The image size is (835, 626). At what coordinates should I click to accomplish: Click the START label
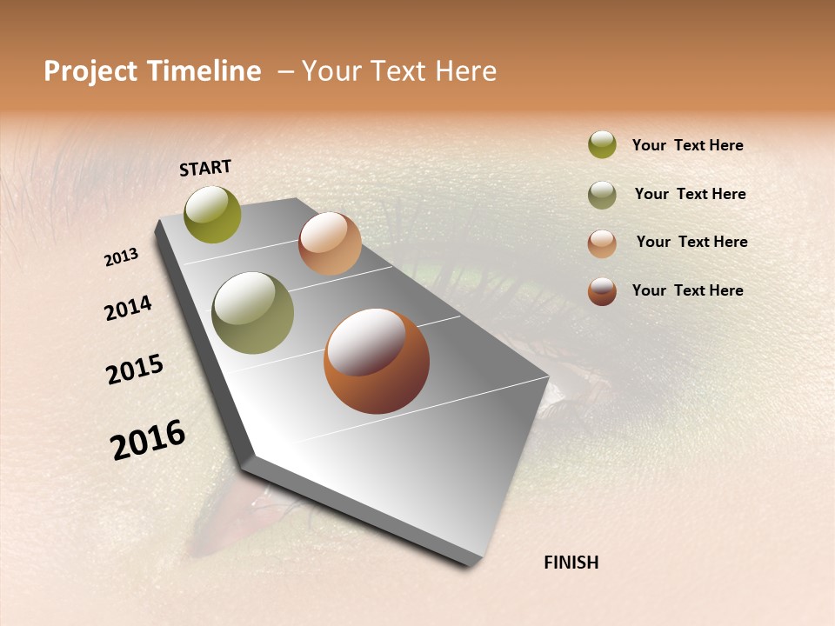click(205, 168)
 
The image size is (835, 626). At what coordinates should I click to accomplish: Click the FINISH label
click(571, 563)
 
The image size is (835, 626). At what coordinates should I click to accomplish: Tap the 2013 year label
click(122, 257)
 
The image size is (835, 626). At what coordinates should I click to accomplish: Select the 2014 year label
click(128, 309)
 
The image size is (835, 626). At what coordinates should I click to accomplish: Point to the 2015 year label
click(135, 370)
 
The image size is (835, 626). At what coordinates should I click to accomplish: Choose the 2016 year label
click(148, 439)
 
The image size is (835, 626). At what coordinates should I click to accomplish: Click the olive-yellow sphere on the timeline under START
click(213, 214)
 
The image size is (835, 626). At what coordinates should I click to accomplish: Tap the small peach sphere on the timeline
click(330, 243)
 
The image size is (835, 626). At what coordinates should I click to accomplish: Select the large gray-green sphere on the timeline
click(253, 313)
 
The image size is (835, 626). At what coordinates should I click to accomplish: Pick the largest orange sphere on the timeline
click(377, 361)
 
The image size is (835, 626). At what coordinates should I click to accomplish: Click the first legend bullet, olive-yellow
click(602, 145)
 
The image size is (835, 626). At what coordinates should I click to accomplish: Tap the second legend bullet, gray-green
click(602, 195)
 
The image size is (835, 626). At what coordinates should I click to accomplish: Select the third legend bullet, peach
click(602, 243)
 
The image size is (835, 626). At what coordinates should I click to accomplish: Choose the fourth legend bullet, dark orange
click(602, 291)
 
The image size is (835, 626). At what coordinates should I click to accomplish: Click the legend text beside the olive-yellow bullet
click(687, 145)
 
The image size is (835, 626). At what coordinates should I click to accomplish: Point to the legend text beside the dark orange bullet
click(687, 290)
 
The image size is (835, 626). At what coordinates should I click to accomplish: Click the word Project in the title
click(91, 71)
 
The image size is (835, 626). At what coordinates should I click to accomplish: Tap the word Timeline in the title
click(204, 71)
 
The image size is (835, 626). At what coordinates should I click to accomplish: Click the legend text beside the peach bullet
click(691, 242)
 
